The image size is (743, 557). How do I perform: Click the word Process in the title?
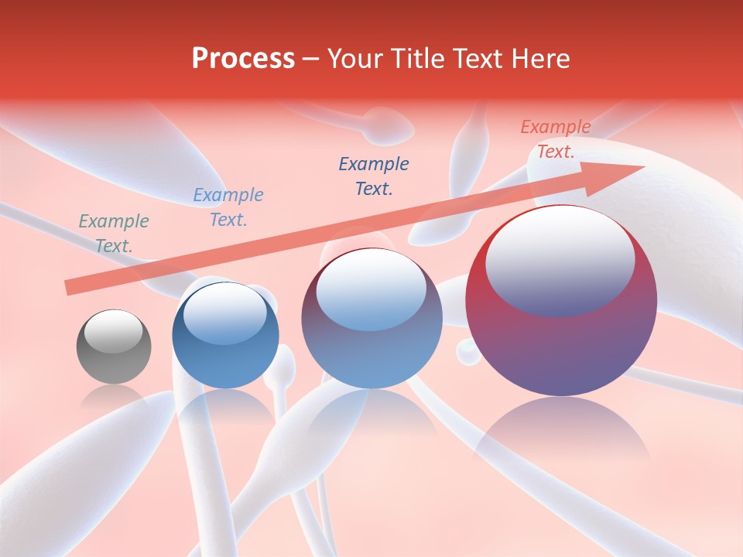coord(243,59)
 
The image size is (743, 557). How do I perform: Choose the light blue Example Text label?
coord(228,207)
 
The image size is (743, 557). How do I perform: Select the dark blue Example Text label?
coord(374,176)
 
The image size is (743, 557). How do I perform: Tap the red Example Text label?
coord(556,139)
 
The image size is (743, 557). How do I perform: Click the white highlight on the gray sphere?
coord(113,332)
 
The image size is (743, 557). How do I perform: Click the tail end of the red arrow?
coord(70,288)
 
